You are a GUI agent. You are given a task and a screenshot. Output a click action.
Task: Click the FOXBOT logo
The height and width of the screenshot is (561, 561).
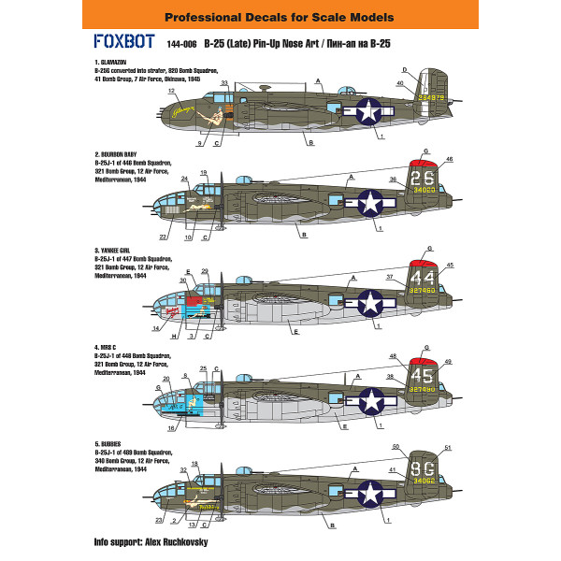124,41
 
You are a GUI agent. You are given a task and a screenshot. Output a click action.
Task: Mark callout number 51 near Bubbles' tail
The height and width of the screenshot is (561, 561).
448,447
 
